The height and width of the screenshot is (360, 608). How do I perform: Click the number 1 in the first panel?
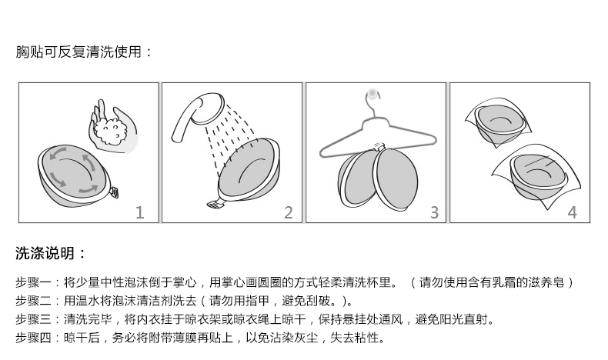(140, 212)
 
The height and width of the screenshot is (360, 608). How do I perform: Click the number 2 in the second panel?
(289, 212)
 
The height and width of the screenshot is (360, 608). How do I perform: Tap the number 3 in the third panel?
(434, 212)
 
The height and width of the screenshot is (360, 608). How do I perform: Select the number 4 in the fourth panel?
(573, 212)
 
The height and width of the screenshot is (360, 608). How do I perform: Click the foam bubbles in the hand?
(112, 131)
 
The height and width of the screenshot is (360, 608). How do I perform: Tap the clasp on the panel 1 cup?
(114, 192)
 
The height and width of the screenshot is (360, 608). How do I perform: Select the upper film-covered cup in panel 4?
(499, 122)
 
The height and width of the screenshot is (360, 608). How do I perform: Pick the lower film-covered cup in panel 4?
(538, 176)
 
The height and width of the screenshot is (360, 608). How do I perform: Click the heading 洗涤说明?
(45, 253)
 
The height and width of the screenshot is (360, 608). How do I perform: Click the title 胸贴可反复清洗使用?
(79, 52)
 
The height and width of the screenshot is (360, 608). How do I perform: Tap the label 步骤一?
(33, 282)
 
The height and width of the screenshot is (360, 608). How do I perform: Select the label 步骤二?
(33, 301)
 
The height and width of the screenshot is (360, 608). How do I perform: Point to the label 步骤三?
(33, 319)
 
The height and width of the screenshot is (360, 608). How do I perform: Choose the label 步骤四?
(33, 338)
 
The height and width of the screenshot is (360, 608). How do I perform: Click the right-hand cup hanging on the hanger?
(396, 179)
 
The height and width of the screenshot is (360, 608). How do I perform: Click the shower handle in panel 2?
(185, 119)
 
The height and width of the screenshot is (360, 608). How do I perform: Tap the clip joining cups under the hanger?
(379, 148)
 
